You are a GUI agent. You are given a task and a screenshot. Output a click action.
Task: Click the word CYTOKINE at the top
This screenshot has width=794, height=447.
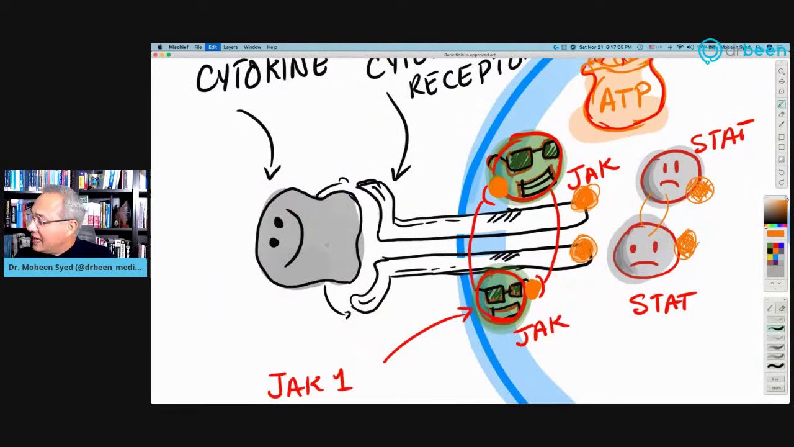262,73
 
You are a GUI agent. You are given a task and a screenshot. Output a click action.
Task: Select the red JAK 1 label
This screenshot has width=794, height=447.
310,384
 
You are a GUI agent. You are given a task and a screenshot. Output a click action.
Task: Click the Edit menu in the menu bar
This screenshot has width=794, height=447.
213,47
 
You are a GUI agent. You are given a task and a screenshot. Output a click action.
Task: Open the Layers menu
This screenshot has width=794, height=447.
231,47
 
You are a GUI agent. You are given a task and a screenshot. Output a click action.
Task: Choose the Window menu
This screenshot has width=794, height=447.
252,47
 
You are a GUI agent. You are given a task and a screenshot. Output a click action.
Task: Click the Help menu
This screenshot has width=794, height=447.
272,47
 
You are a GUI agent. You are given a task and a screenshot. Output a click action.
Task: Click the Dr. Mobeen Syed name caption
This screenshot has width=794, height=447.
75,268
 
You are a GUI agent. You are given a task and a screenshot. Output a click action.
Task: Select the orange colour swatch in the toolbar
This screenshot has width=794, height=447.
775,233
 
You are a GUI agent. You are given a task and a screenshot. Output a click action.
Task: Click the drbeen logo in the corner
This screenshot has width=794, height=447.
741,51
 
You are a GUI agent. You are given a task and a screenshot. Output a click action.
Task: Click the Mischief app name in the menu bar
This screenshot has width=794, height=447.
179,47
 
